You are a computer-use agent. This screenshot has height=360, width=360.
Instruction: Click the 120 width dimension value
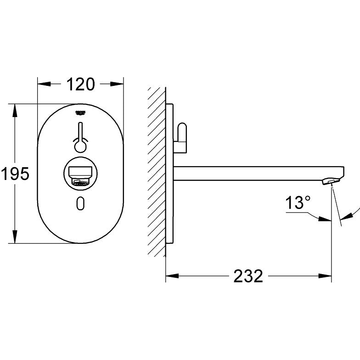[x=81, y=84]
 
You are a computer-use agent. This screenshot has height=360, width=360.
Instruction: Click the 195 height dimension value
[x=15, y=174]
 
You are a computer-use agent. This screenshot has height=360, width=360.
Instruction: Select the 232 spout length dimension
[x=248, y=276]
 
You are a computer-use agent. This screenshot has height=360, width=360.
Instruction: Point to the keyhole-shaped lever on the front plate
[x=81, y=138]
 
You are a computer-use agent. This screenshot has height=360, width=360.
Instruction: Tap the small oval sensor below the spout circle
[x=81, y=202]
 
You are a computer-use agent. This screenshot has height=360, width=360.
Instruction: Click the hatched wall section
[x=156, y=174]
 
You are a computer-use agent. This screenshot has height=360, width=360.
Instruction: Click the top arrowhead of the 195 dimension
[x=15, y=110]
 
